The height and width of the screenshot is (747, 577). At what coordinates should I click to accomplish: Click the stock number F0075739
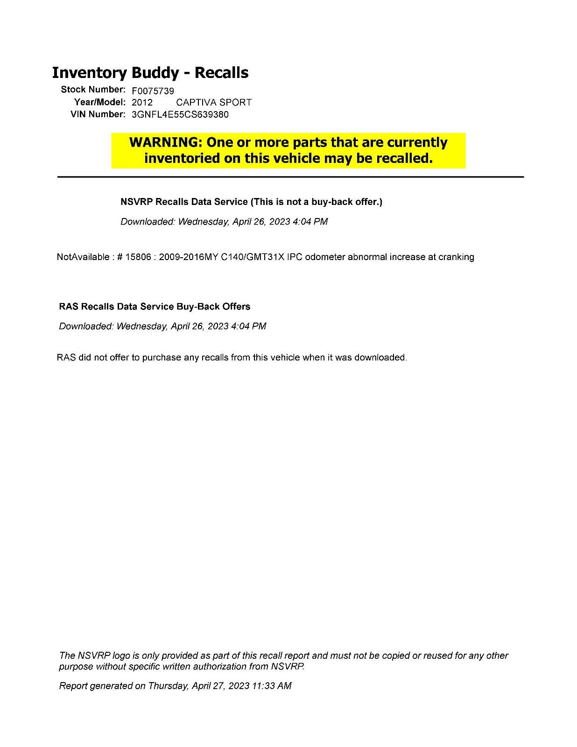tap(153, 91)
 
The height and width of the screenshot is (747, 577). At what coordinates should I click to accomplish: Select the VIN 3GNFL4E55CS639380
tap(180, 115)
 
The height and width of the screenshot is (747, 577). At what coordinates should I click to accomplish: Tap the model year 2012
tap(142, 103)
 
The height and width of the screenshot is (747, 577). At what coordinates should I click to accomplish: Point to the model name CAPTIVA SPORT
tap(214, 103)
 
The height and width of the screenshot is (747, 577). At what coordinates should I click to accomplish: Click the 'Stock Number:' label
tap(93, 89)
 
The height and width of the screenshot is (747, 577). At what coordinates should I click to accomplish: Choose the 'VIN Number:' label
tap(98, 114)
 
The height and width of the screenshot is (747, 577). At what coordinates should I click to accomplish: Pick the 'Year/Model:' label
tap(99, 102)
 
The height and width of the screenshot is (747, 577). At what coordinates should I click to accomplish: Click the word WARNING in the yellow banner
tap(164, 142)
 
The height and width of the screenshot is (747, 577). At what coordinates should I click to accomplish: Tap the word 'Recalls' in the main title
tap(221, 73)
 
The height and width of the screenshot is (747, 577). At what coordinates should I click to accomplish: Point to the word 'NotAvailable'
tap(83, 257)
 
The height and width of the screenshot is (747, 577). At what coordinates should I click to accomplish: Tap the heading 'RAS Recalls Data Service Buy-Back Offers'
tap(155, 307)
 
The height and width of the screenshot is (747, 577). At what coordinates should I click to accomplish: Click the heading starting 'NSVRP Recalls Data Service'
tap(251, 202)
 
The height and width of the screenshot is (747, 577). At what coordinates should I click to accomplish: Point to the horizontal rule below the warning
tap(290, 177)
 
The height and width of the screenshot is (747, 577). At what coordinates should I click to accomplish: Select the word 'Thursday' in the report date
tap(168, 686)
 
